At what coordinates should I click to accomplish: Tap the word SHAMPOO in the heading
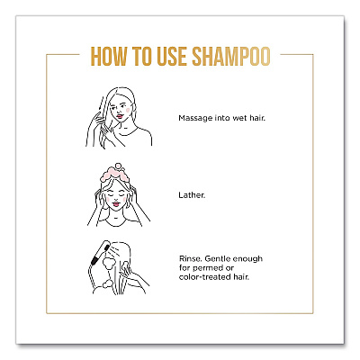point(231,57)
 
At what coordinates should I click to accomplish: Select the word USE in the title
point(172,57)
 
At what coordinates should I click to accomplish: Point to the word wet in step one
point(240,118)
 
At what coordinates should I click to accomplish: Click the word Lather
point(192,195)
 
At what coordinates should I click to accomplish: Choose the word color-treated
point(205,276)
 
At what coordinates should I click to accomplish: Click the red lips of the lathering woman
point(116,204)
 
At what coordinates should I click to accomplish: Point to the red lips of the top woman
point(120,116)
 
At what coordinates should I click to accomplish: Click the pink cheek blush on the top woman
point(128,110)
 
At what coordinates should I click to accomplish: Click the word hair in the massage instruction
point(257,118)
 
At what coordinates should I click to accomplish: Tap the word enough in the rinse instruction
point(247,259)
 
